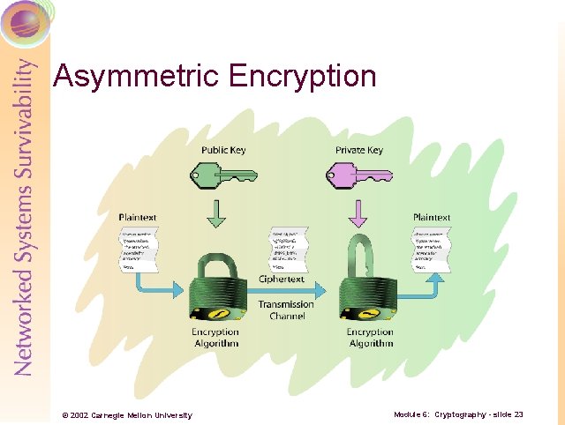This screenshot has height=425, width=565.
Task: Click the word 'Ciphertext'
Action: click(282, 280)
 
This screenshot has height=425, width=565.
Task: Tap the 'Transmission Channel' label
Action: click(285, 309)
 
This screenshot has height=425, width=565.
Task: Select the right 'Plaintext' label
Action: click(431, 217)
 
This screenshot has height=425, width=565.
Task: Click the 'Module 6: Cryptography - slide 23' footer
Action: click(459, 414)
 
